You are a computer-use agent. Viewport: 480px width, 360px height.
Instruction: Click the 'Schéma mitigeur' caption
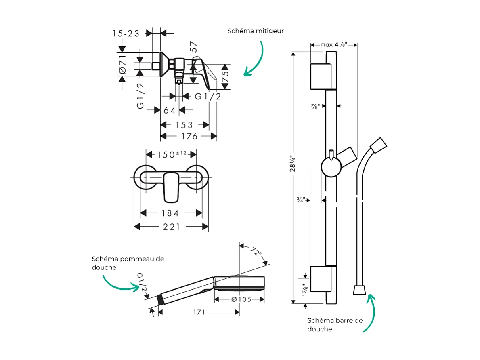(256, 31)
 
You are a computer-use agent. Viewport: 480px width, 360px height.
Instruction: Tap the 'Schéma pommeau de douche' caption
(128, 263)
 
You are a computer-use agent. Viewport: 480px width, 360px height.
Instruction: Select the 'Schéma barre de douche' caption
(335, 324)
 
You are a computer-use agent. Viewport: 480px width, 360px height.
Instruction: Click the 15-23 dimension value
(126, 34)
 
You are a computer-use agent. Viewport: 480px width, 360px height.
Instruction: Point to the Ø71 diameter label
(123, 65)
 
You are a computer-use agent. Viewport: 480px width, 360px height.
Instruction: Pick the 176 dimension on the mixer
(189, 137)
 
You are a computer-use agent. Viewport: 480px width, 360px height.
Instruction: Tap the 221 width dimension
(172, 227)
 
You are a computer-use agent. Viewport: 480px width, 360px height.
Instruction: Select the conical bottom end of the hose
(359, 290)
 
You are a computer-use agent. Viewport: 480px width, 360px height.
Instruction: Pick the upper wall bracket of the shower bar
(323, 76)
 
